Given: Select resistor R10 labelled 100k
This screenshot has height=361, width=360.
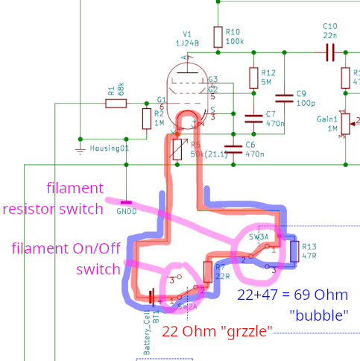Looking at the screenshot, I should coord(218,37).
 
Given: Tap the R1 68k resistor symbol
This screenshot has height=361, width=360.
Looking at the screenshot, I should coord(116,104).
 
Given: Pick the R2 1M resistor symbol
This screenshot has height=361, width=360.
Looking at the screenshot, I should coord(146,118).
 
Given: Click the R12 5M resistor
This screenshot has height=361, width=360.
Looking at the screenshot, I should coord(253,78).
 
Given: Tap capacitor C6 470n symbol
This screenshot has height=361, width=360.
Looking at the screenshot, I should coord(233,148).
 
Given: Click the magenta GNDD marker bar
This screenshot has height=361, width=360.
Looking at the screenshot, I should coord(125,202).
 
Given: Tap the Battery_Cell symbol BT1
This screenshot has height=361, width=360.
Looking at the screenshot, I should coord(152,298).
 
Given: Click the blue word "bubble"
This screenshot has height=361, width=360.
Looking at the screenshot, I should coord(319,316).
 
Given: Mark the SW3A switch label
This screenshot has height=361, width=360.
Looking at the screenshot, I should coord(259,236).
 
